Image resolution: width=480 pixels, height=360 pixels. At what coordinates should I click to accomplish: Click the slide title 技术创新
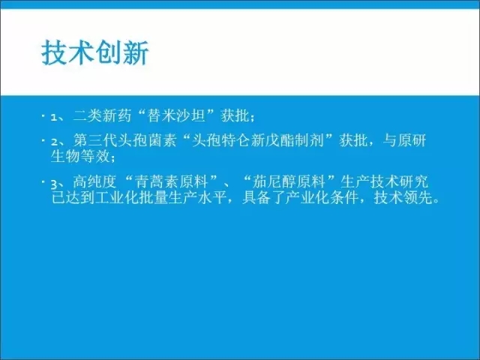[x=95, y=52]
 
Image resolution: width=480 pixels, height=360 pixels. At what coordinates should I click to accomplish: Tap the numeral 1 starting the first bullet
[x=54, y=117]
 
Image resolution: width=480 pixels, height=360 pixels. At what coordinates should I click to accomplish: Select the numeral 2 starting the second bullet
[x=54, y=142]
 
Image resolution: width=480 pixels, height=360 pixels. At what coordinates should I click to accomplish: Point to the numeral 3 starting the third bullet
[x=54, y=184]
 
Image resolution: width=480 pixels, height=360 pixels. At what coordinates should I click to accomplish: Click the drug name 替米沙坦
[x=175, y=116]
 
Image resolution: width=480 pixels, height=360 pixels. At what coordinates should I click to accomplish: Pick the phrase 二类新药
[x=102, y=116]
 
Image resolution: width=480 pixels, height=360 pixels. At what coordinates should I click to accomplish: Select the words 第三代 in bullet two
[x=95, y=140]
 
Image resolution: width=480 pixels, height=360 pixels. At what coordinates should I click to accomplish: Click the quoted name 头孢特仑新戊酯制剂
[x=257, y=140]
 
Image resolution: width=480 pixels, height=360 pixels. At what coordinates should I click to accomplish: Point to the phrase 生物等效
[x=80, y=156]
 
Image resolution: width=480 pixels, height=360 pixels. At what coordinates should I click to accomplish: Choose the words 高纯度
[x=95, y=181]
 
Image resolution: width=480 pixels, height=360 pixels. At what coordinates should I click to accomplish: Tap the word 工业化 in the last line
[x=117, y=197]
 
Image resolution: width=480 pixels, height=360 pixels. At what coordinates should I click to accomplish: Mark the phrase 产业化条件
[x=322, y=197]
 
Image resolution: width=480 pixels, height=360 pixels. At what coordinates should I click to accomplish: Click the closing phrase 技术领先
[x=403, y=197]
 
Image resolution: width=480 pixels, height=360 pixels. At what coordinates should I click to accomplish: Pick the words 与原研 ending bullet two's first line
[x=404, y=140]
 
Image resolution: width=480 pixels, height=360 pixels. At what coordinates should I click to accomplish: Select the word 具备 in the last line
[x=256, y=197]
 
